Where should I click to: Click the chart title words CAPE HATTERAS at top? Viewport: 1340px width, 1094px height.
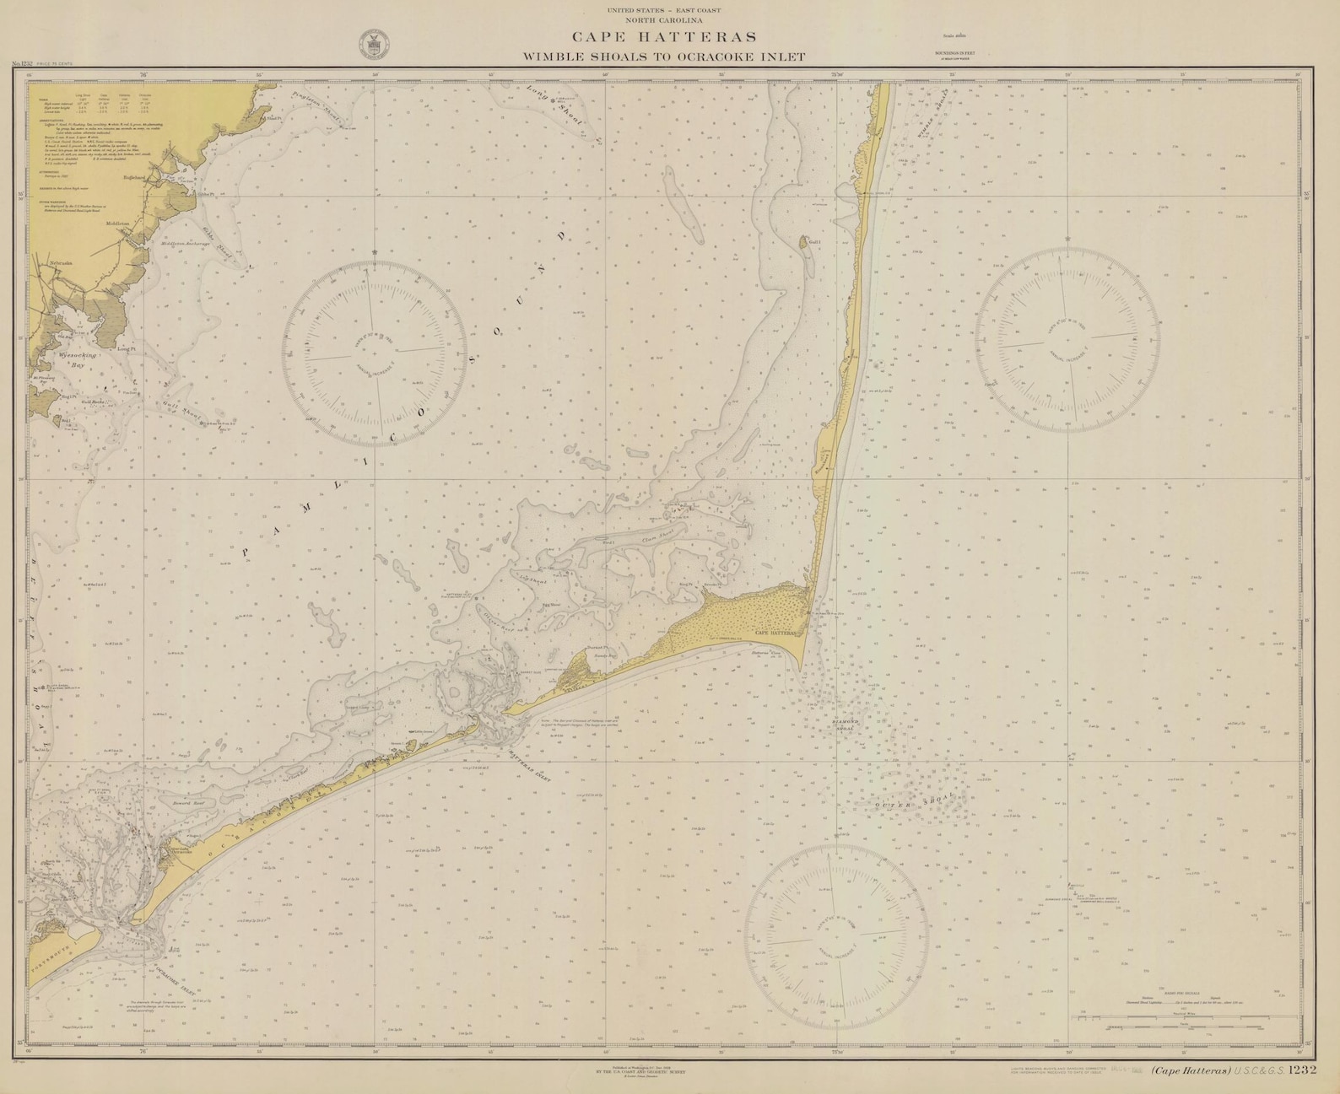click(665, 37)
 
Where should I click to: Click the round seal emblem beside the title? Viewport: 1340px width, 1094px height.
click(370, 44)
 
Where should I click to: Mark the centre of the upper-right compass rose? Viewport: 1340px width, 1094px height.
click(1067, 338)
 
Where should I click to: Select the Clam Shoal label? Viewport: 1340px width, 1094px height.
click(656, 537)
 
